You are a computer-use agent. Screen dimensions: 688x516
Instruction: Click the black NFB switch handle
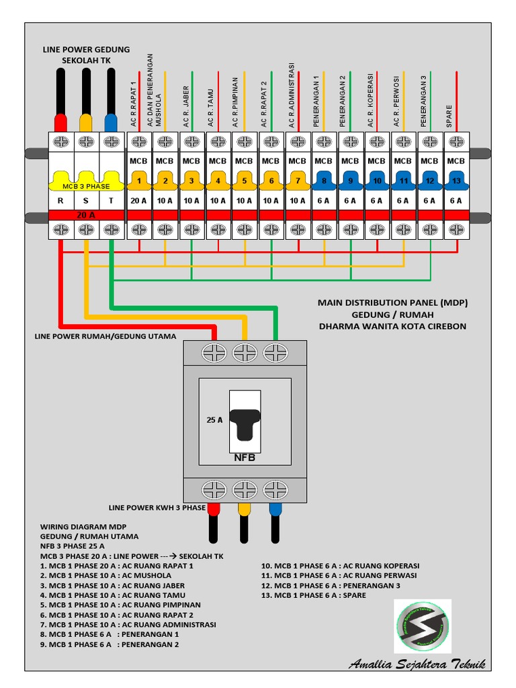tap(245, 423)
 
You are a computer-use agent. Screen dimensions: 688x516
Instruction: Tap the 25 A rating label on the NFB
tap(214, 419)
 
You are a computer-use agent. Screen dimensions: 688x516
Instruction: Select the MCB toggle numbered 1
tap(138, 180)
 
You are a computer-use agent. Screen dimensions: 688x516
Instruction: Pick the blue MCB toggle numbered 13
tap(456, 180)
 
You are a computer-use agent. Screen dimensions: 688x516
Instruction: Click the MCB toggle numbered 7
tap(297, 180)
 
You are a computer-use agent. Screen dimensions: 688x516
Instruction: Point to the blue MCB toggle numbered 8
tap(323, 180)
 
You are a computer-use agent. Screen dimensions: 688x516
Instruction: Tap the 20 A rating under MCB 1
tap(138, 200)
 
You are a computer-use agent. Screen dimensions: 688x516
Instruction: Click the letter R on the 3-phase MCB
tap(60, 200)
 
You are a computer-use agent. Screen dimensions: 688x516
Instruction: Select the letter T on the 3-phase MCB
tap(112, 200)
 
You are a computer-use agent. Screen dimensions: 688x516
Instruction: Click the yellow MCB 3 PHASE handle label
tap(86, 185)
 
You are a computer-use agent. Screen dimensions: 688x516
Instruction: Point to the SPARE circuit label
tap(449, 116)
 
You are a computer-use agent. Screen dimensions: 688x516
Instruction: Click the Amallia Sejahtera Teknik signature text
tap(417, 664)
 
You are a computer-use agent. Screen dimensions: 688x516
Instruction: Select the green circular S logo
tap(422, 626)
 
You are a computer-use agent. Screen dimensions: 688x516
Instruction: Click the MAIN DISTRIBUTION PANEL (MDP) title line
tap(392, 303)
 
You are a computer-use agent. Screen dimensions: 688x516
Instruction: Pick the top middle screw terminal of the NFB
tap(245, 352)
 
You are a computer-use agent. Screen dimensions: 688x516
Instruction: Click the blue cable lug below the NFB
tap(275, 510)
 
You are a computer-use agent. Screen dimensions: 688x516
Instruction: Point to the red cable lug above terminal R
tap(60, 122)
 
